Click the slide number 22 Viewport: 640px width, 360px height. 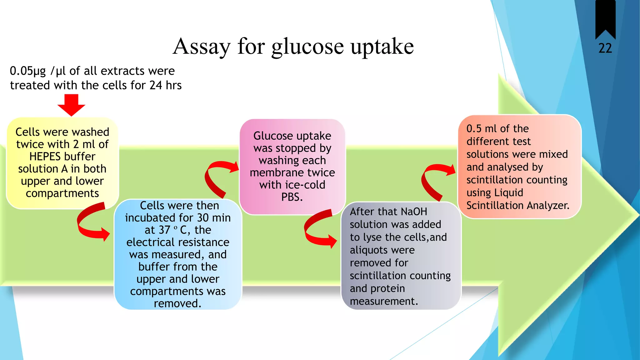pos(605,48)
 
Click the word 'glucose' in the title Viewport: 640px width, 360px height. pos(307,47)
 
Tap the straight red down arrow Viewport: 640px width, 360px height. pos(71,105)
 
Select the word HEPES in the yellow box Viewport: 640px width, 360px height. pos(47,156)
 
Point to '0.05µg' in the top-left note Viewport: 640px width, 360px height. pos(28,71)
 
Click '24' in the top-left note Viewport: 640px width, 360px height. pos(156,85)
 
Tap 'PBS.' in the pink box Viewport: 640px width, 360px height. pos(292,197)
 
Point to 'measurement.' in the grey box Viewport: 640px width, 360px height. pos(384,301)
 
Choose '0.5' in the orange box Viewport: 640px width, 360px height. pos(474,128)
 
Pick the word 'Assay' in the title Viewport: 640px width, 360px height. pos(202,47)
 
